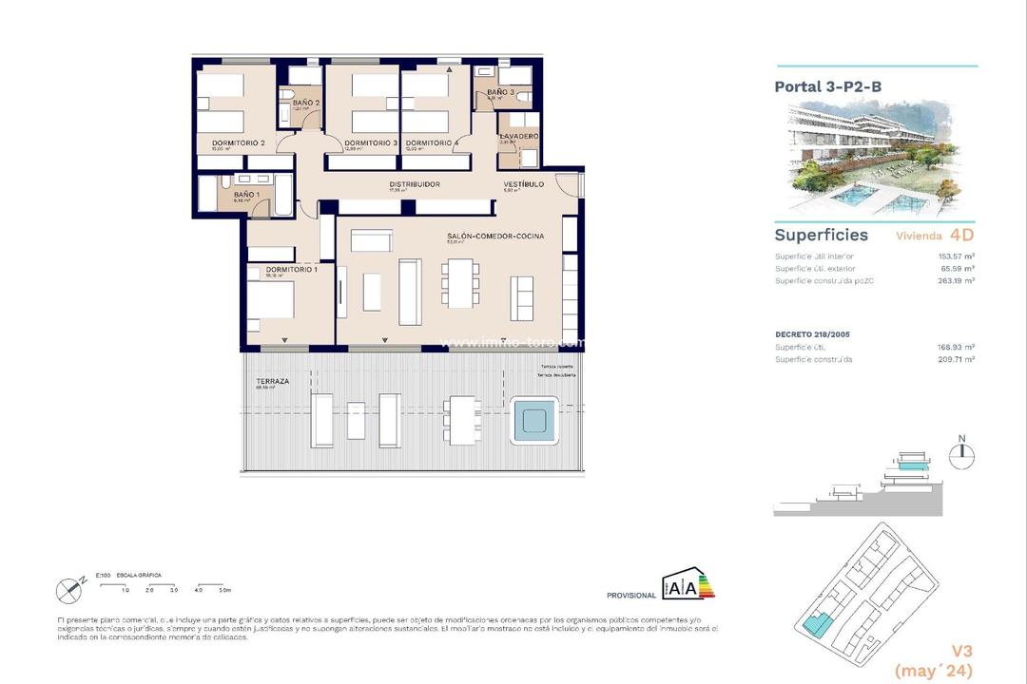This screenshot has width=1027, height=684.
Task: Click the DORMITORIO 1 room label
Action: pos(292,270)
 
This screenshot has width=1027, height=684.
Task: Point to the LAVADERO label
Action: pos(519,137)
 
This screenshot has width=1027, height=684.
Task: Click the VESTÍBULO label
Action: pos(523,184)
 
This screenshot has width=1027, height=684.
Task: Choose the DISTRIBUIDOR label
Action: pos(414,184)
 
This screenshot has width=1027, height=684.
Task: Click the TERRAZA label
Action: pos(272,380)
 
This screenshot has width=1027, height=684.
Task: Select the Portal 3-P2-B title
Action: pos(827,86)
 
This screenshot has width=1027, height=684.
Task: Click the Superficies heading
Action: pos(821,235)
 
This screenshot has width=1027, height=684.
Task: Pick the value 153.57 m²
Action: pos(955,256)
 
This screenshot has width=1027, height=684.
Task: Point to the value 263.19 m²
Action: pos(955,280)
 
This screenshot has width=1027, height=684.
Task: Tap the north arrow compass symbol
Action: pos(962,449)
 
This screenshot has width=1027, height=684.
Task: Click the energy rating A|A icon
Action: pos(688,587)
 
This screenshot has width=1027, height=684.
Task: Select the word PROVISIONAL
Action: pos(630,596)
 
